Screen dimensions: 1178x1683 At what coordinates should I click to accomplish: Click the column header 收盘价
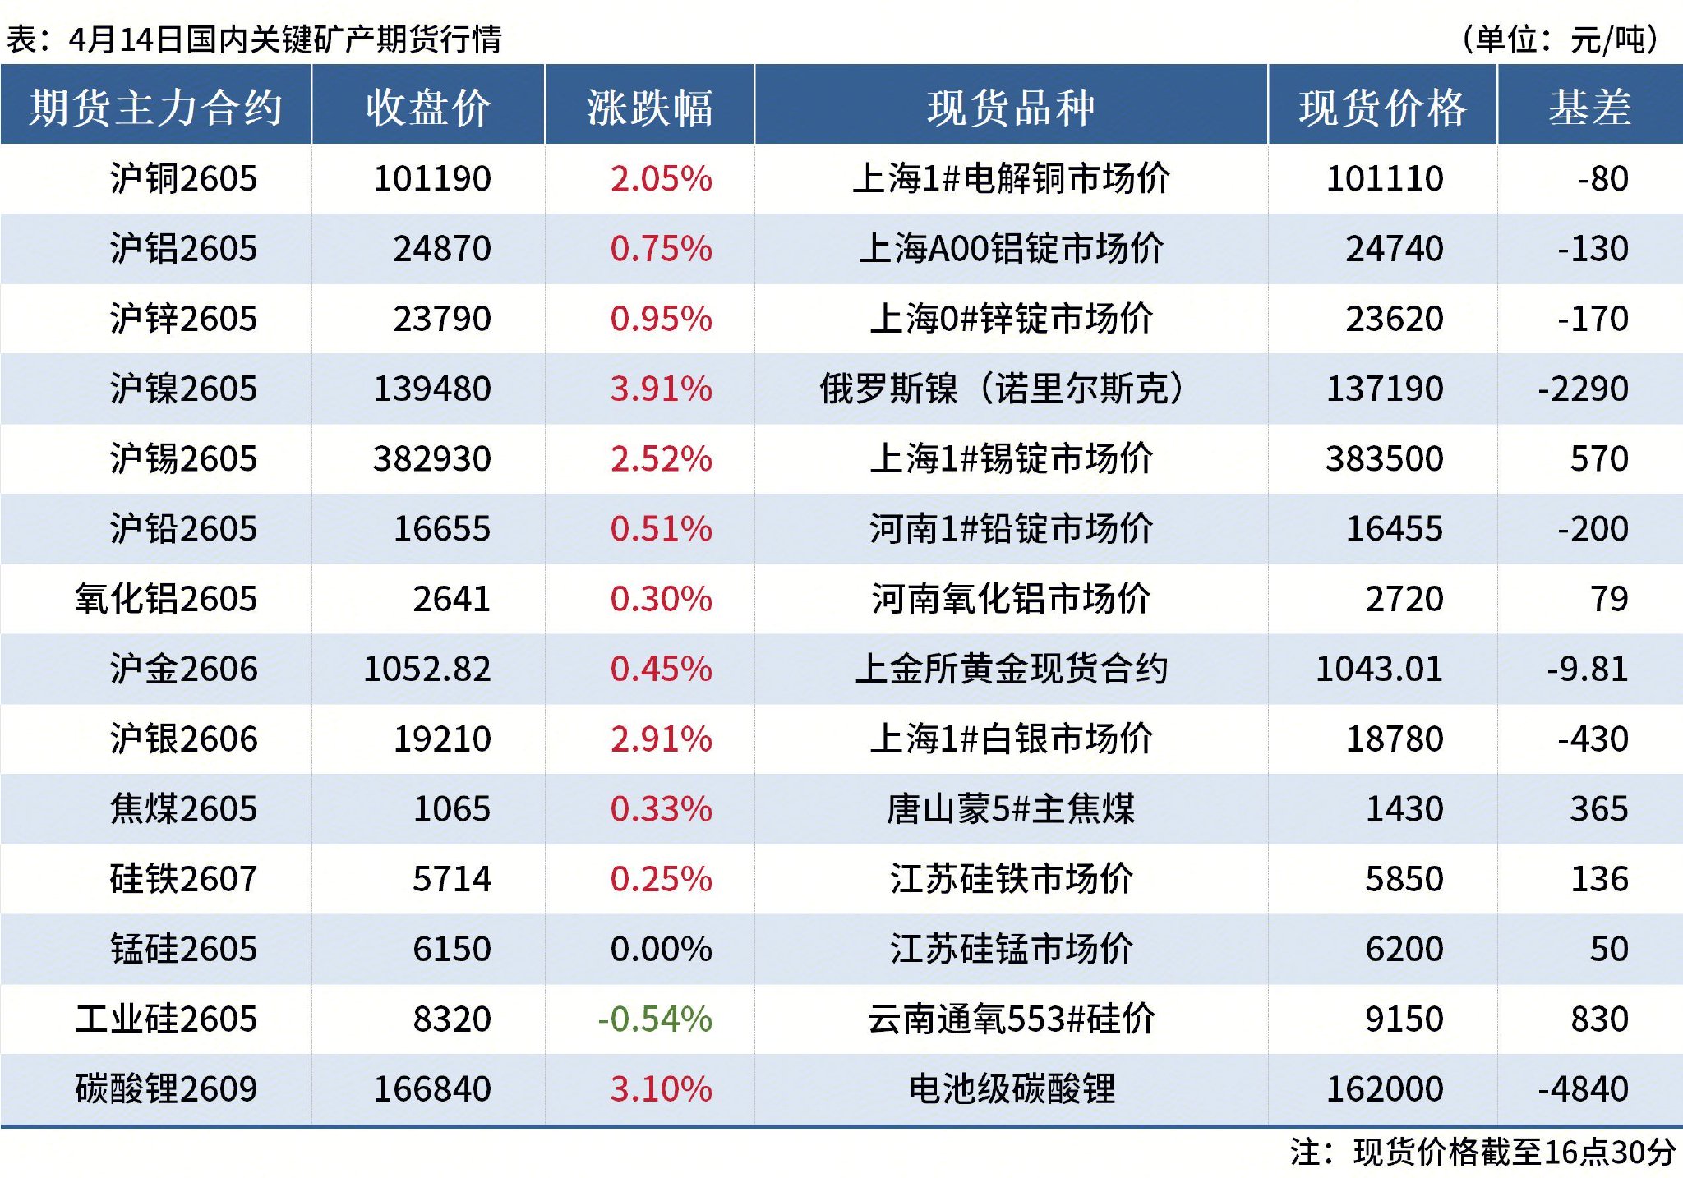click(x=428, y=107)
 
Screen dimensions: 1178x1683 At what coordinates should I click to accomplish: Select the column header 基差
click(x=1589, y=107)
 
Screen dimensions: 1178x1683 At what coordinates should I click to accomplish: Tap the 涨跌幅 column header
click(x=649, y=107)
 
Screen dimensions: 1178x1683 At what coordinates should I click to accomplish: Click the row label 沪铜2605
click(x=183, y=178)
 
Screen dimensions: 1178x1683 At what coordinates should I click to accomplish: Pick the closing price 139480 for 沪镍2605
click(x=432, y=389)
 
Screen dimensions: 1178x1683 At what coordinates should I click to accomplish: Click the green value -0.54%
click(x=654, y=1019)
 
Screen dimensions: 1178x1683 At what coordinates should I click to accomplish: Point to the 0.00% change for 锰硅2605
click(x=661, y=949)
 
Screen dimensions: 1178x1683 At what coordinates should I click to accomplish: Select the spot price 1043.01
click(x=1379, y=669)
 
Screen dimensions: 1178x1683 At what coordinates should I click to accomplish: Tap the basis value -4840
click(x=1583, y=1089)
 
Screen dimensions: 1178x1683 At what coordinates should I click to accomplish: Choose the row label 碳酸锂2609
click(x=166, y=1089)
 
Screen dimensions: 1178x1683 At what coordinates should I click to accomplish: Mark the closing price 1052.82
click(x=427, y=669)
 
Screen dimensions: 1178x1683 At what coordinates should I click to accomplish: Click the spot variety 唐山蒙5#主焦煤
click(x=1010, y=809)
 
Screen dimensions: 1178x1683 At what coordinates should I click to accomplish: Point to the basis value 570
click(x=1599, y=458)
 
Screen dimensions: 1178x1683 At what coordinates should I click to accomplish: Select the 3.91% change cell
click(x=661, y=389)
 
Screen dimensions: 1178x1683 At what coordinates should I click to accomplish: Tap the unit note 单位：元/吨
click(x=1559, y=39)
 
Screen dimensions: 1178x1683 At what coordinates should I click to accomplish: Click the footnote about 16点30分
click(x=1482, y=1152)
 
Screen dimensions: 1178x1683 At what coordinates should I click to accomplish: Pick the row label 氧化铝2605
click(x=166, y=599)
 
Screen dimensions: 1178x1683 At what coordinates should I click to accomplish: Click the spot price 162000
click(x=1385, y=1089)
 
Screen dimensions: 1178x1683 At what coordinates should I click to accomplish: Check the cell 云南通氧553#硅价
click(x=1010, y=1019)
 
